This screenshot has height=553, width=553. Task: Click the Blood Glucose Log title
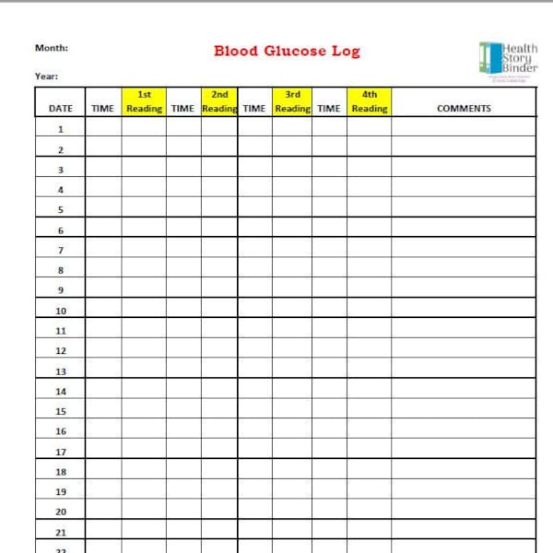click(287, 51)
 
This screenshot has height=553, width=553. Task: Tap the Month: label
click(51, 48)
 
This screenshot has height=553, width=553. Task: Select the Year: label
click(46, 76)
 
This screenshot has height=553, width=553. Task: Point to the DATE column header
click(60, 109)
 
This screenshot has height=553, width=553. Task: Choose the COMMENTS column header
click(464, 109)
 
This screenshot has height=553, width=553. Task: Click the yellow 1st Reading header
click(144, 101)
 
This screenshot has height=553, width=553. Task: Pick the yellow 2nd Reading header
click(219, 101)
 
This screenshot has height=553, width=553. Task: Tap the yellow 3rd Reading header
click(292, 101)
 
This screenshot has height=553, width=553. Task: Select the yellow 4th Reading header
click(369, 101)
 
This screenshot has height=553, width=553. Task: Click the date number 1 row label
click(61, 130)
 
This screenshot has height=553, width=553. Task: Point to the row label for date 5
click(61, 209)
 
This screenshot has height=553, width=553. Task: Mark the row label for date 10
click(61, 311)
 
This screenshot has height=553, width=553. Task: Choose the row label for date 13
click(61, 371)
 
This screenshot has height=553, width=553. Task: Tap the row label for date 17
click(61, 452)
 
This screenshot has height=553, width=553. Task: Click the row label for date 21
click(61, 532)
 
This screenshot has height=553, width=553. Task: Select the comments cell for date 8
click(464, 270)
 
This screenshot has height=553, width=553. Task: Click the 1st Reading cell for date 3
click(144, 170)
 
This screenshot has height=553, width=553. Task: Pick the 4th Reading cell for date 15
click(369, 411)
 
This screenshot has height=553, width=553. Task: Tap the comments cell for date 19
click(464, 491)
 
